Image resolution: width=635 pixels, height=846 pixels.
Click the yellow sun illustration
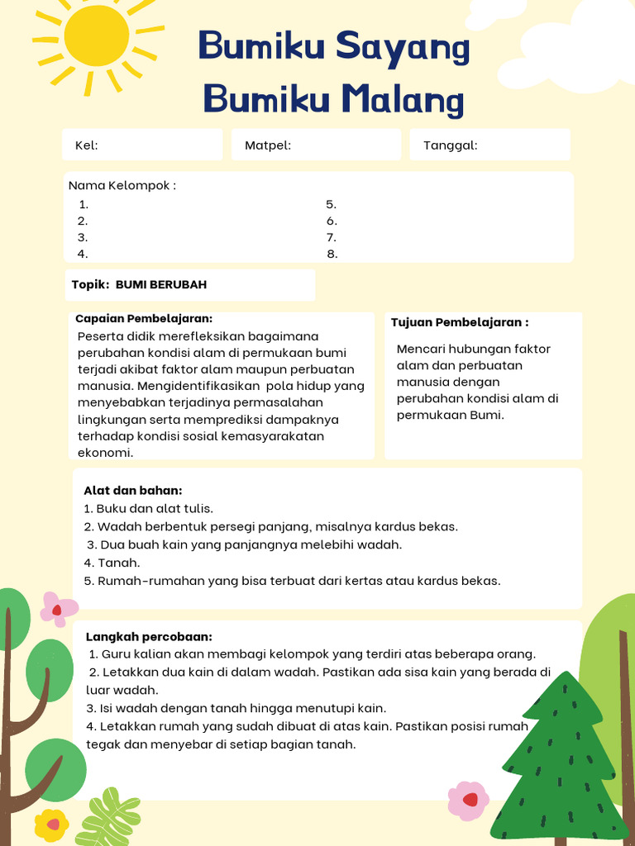97,38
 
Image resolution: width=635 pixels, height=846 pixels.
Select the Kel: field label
87,145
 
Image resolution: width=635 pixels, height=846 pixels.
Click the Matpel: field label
268,145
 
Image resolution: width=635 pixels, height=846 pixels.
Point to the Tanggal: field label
451,145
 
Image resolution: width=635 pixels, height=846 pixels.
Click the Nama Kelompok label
122,185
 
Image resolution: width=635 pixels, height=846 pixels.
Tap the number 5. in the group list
331,204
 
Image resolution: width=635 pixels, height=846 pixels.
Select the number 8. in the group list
332,254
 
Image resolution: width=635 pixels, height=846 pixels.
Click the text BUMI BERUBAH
161,284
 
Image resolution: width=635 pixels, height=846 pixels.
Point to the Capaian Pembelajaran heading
144,318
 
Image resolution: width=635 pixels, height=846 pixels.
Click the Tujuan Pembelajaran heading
460,322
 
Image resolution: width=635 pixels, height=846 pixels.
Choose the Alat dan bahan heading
133,490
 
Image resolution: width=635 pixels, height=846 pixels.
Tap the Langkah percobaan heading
149,636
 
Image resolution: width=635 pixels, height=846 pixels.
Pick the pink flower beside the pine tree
468,800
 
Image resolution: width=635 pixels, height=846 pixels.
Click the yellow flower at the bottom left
51,825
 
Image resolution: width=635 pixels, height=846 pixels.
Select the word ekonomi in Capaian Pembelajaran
105,453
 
